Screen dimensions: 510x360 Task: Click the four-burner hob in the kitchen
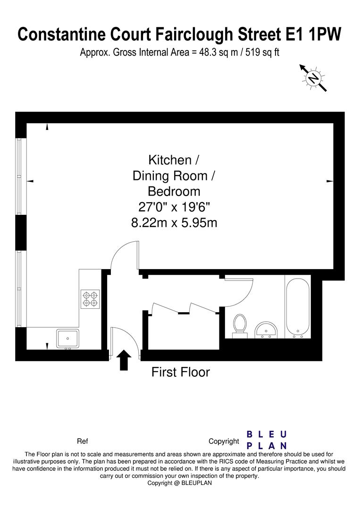click(x=90, y=298)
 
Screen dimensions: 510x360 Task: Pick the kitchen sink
click(x=67, y=339)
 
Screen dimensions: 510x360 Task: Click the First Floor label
click(x=180, y=372)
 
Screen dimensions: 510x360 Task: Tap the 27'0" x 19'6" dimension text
click(x=174, y=207)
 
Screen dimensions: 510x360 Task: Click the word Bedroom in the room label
click(x=174, y=191)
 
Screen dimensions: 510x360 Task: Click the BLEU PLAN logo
click(x=267, y=440)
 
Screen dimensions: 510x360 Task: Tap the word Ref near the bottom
click(x=82, y=442)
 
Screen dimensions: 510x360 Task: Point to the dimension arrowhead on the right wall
click(x=330, y=181)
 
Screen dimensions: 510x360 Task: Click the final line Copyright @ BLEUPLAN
click(x=180, y=483)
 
